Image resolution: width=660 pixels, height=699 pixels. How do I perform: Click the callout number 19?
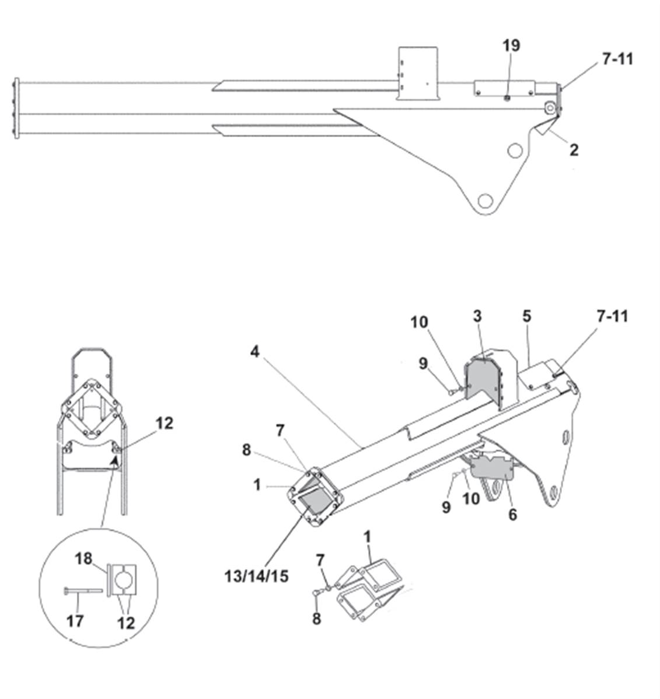(511, 46)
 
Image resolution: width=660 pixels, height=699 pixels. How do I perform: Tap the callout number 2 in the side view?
(574, 150)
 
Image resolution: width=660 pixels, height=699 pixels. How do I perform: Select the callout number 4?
(254, 352)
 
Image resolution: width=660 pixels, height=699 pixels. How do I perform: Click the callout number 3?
(477, 316)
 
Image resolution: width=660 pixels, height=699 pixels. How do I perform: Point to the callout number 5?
(527, 316)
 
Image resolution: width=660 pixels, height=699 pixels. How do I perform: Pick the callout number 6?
(513, 515)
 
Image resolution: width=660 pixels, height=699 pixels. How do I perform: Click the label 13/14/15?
(256, 576)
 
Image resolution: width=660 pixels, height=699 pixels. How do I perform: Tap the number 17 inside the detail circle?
(75, 621)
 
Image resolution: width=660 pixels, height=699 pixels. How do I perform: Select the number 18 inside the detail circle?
(83, 558)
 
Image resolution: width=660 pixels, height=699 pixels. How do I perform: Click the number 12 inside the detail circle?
(126, 623)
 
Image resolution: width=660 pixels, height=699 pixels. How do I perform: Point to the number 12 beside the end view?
(164, 423)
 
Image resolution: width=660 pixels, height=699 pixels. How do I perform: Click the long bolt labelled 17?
(83, 591)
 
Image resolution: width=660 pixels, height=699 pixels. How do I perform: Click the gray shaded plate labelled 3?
(483, 379)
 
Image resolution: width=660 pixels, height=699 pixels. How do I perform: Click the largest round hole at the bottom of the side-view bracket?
(485, 201)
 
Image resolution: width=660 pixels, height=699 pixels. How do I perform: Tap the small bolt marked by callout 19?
(507, 98)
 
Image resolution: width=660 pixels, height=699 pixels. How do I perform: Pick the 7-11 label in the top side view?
(617, 59)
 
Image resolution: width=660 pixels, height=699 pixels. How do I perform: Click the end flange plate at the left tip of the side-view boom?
(17, 108)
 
